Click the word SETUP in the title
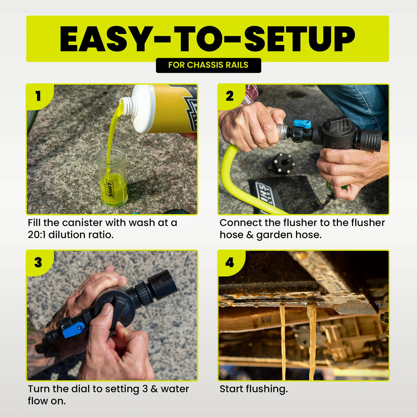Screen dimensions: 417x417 (300, 39)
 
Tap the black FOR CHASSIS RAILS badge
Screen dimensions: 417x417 (208, 65)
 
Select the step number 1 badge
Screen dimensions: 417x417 (38, 96)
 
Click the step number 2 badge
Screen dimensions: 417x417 (230, 96)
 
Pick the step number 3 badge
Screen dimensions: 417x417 (38, 262)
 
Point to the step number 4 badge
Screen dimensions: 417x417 (229, 262)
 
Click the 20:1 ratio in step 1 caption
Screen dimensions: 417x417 (36, 235)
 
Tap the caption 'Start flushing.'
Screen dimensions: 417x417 (253, 389)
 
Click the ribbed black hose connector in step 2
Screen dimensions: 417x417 (371, 140)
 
